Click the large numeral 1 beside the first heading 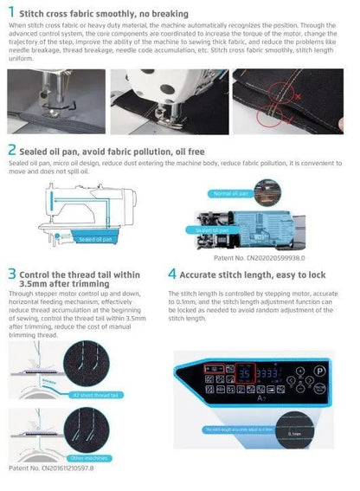tap(11, 12)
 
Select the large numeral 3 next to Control tap(12, 276)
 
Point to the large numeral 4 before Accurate tap(172, 275)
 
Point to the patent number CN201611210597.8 tap(57, 468)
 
